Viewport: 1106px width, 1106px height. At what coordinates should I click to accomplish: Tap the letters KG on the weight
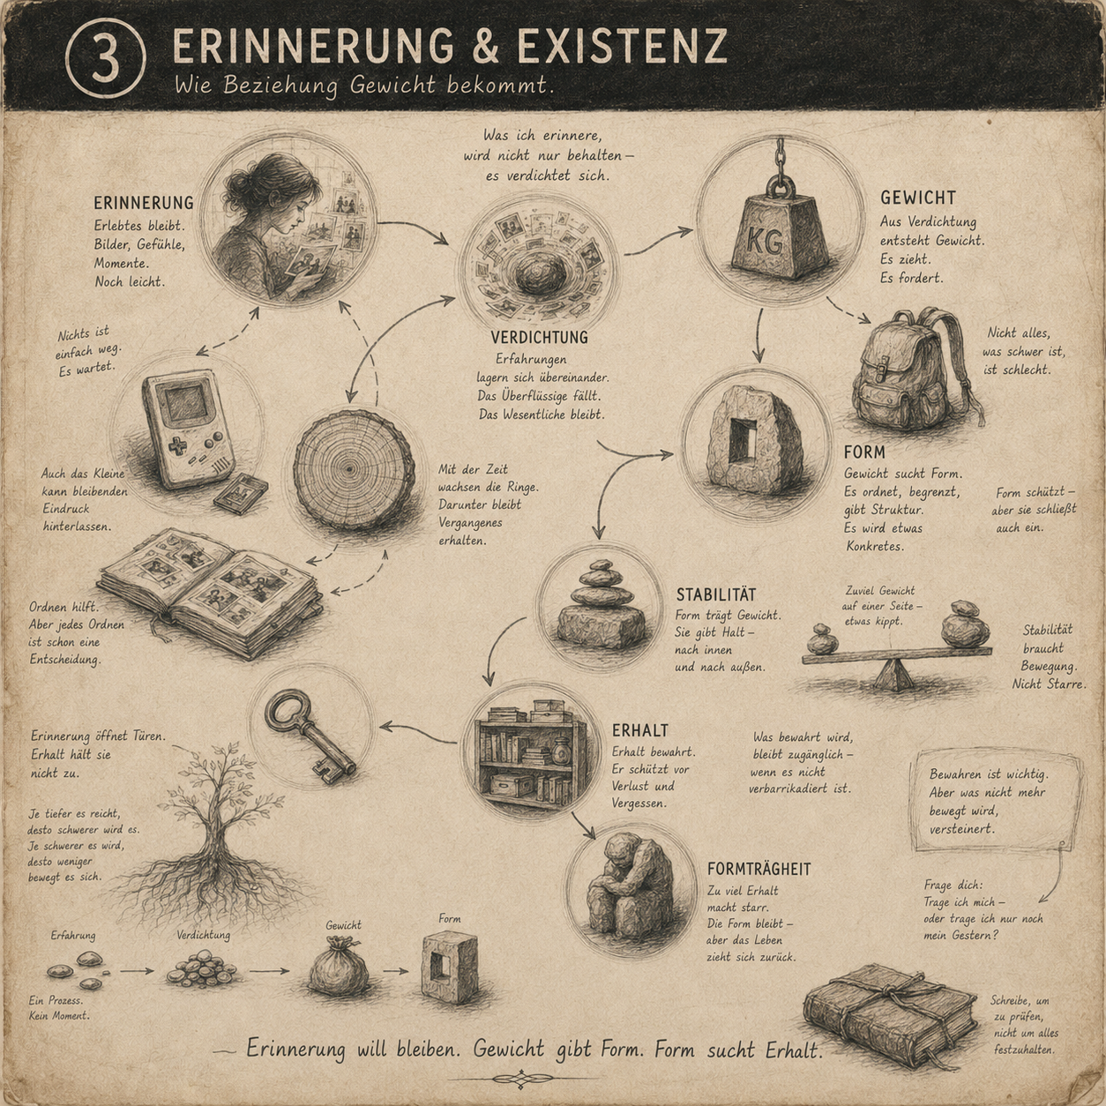pos(766,243)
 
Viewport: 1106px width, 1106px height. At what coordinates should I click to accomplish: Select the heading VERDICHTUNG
pos(539,337)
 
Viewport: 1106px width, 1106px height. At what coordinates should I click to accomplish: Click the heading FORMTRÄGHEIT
pos(759,870)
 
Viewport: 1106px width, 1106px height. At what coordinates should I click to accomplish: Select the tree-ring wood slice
pos(354,470)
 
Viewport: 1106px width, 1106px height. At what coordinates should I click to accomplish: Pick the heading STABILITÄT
pos(716,594)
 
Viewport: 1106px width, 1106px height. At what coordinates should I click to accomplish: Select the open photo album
pos(211,591)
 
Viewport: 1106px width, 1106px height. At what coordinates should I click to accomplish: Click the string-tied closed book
pos(890,1015)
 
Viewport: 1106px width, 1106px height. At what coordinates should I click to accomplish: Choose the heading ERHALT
pos(640,730)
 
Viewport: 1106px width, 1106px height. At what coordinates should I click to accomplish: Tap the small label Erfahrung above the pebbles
pos(73,935)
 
